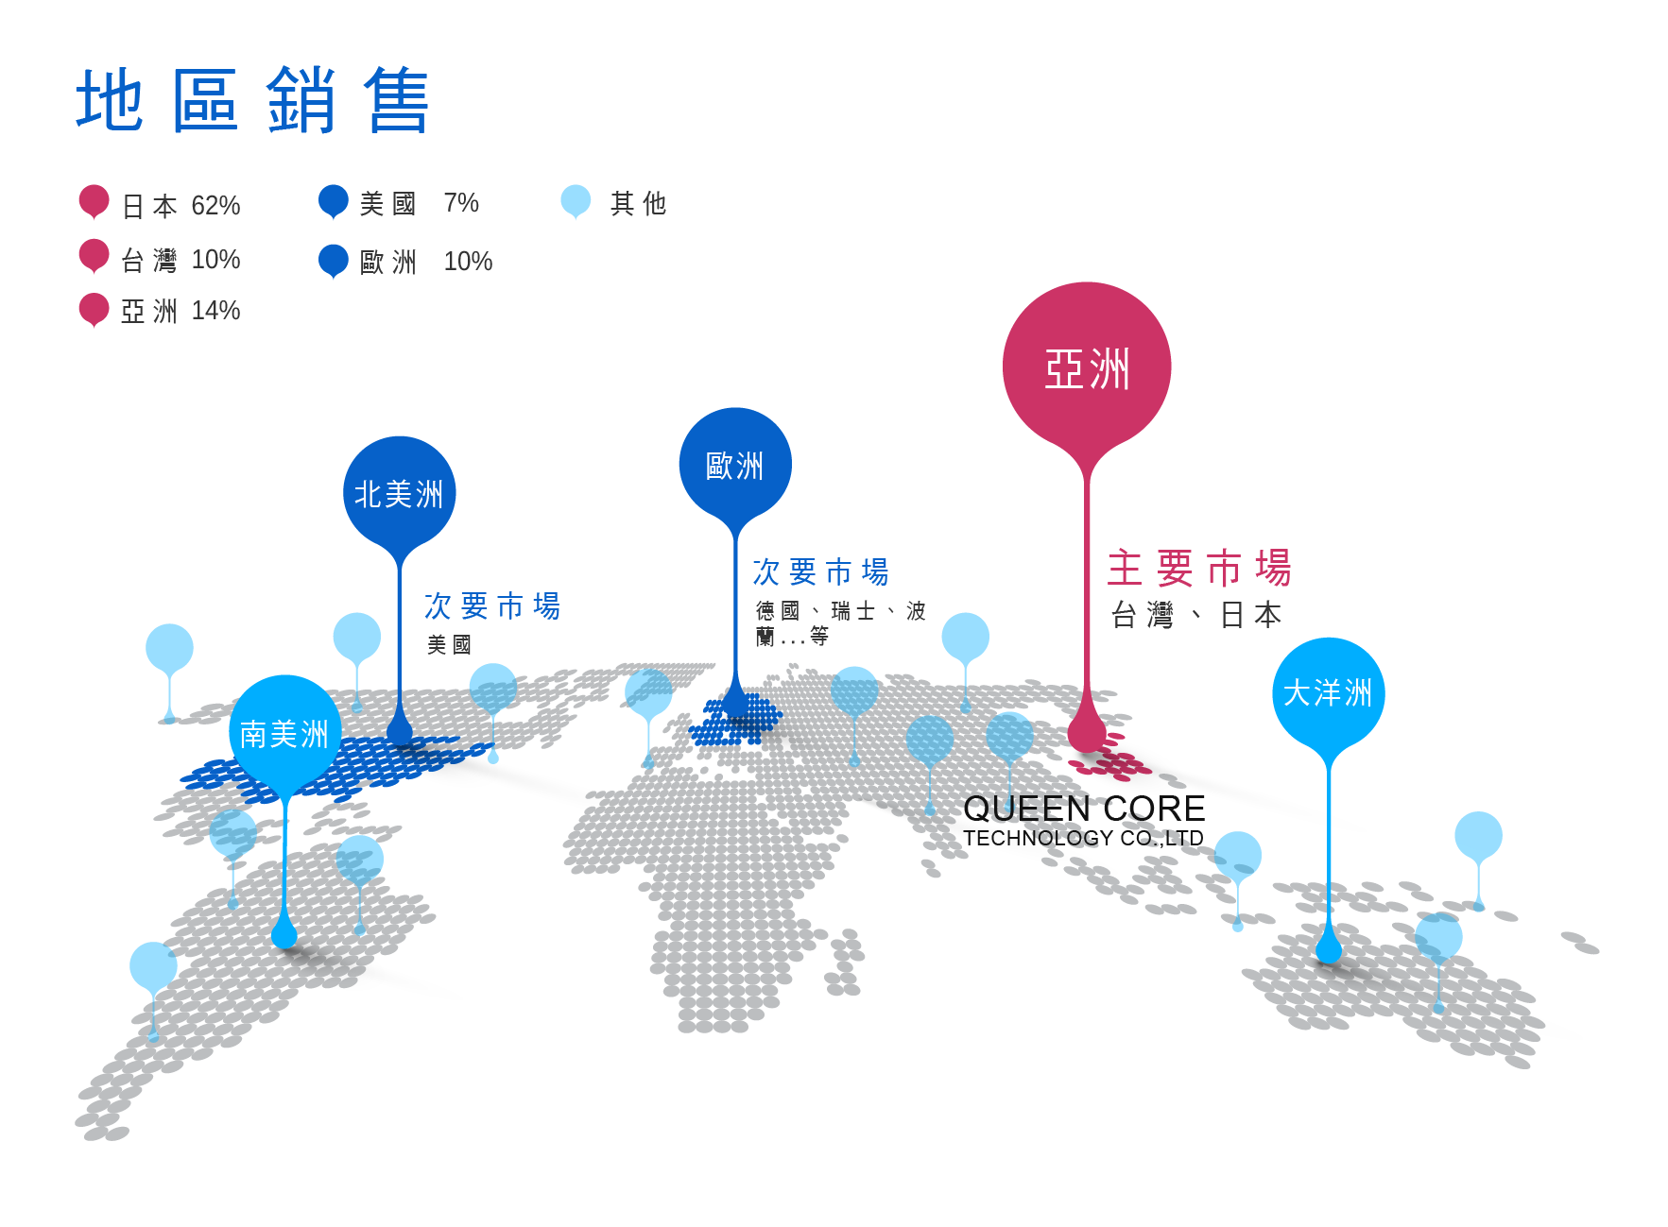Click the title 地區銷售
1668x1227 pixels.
pos(252,100)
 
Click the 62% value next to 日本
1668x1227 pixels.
pos(215,206)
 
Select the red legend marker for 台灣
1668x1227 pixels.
pos(94,255)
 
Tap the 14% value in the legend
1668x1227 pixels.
pos(215,311)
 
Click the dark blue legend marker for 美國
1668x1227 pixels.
pos(334,201)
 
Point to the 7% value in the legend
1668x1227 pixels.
pos(461,203)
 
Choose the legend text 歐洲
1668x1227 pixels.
pos(387,262)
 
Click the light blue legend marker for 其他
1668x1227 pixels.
pos(576,200)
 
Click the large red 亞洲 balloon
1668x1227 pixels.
pos(1087,366)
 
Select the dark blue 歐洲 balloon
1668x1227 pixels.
pos(735,464)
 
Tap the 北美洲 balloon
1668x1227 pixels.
pos(399,492)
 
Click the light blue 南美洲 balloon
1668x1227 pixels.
pos(284,733)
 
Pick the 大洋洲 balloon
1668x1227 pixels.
pos(1328,692)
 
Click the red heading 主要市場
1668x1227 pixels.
pos(1198,569)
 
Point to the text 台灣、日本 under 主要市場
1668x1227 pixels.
pos(1196,615)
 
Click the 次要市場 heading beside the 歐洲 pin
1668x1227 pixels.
pos(820,571)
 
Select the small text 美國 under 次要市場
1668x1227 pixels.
pos(449,644)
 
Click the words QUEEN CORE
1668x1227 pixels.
pos(1083,809)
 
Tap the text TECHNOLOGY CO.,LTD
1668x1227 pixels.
pos(1083,838)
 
